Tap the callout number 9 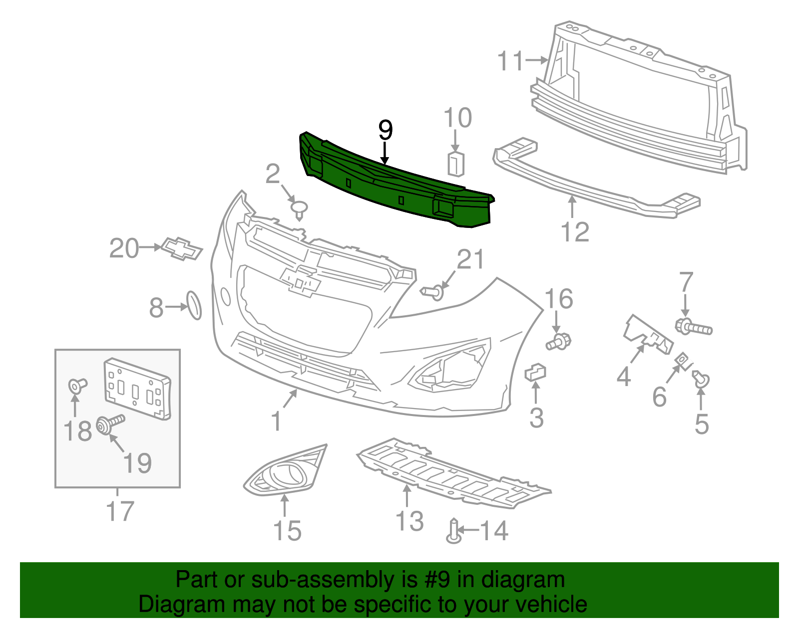(x=386, y=130)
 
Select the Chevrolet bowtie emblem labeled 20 (x=182, y=248)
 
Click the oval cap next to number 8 (x=194, y=305)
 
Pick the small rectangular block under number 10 (x=455, y=164)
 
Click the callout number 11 (x=510, y=61)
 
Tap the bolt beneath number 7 (x=694, y=326)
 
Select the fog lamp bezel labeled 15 (x=285, y=470)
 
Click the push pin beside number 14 (x=454, y=531)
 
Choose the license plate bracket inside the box (x=137, y=389)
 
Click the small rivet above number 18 (x=77, y=386)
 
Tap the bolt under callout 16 (x=558, y=341)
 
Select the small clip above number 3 (x=535, y=372)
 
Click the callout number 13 (x=409, y=521)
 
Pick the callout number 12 (x=575, y=232)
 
